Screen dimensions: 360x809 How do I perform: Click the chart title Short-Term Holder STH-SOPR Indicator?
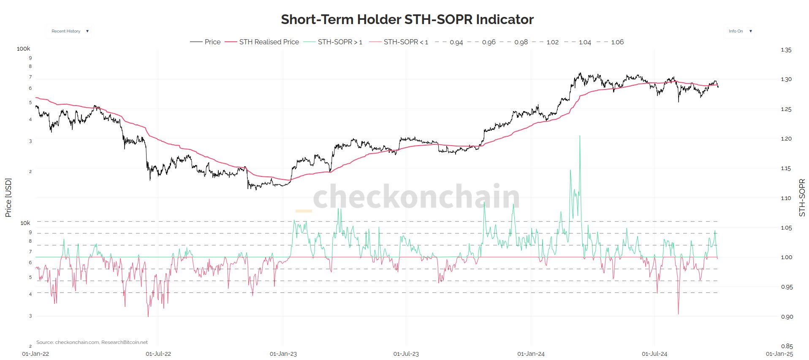pos(407,19)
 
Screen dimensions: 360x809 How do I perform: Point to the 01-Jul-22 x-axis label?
pos(158,354)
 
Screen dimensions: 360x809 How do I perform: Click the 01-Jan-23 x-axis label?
pos(283,354)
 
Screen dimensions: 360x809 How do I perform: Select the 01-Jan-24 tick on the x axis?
pos(531,354)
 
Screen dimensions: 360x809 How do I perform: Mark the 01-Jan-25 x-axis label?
pos(779,354)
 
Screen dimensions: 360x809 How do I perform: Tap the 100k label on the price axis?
pos(24,49)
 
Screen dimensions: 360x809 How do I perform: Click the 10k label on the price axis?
pos(25,223)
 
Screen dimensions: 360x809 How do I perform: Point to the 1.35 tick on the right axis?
pos(786,50)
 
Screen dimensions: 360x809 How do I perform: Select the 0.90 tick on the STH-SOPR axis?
pos(787,317)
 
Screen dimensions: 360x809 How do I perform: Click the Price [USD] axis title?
pos(8,198)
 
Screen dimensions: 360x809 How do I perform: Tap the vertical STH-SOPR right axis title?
pos(802,198)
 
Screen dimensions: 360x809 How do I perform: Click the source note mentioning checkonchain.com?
pos(92,342)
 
